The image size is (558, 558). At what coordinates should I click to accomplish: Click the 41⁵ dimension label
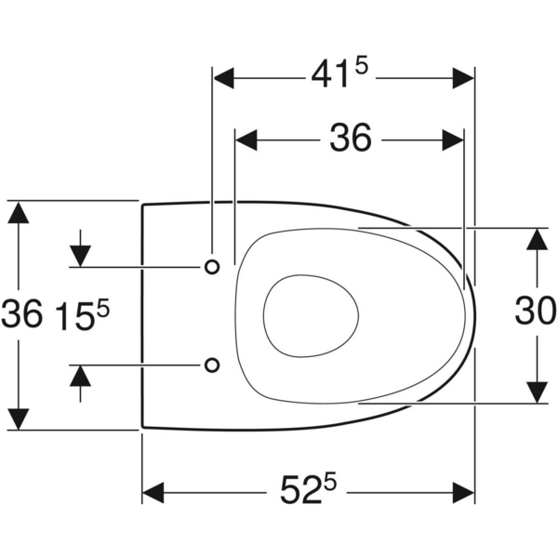[339, 74]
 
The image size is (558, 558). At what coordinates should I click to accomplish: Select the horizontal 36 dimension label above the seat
[351, 138]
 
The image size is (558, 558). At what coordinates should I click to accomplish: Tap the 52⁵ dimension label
[308, 489]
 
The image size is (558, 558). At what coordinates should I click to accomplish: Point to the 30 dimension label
[536, 311]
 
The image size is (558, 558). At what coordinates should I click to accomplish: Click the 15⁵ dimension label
[84, 315]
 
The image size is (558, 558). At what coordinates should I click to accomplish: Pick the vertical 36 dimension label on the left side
[21, 314]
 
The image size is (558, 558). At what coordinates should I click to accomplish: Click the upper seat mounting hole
[212, 267]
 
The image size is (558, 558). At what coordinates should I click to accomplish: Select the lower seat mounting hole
[212, 365]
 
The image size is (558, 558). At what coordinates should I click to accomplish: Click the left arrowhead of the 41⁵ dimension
[223, 77]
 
